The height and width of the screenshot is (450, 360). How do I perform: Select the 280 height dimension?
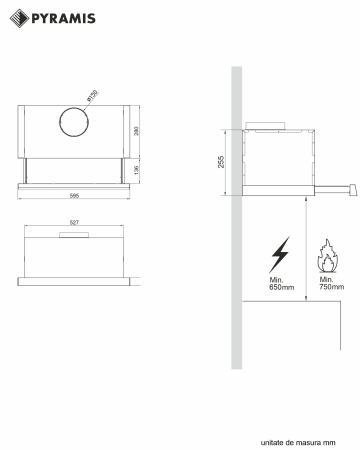tap(137, 131)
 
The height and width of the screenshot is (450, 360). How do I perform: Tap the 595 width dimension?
tap(76, 197)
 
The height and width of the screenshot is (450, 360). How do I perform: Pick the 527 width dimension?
tap(75, 223)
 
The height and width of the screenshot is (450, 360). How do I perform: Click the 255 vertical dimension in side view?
tap(222, 160)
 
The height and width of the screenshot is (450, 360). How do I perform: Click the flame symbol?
tap(326, 258)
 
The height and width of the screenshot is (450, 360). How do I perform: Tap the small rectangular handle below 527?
tap(75, 237)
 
